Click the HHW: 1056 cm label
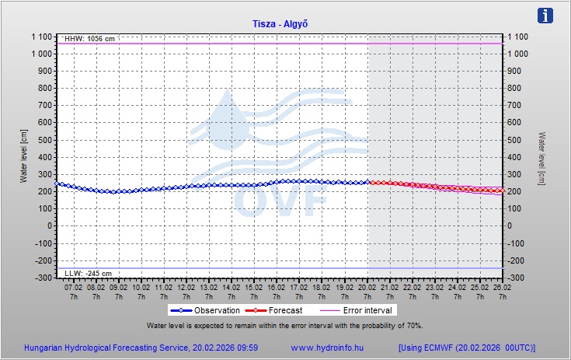pos(90,39)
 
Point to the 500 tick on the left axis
pos(43,140)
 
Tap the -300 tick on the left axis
pos(41,278)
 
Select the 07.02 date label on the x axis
pos(74,287)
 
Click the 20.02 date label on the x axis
pos(367,287)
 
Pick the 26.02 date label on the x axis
pos(502,287)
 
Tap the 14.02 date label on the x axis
pos(232,287)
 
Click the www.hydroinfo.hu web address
pos(327,348)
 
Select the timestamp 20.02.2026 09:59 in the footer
pos(225,348)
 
